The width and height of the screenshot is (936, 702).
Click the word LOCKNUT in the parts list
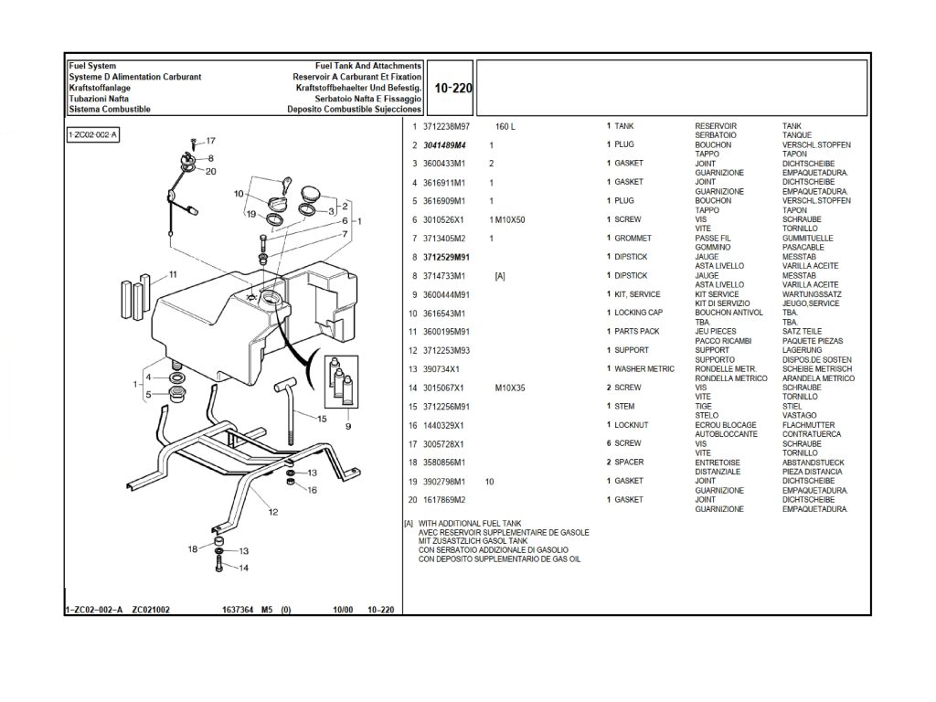point(633,425)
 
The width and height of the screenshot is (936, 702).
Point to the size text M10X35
point(510,388)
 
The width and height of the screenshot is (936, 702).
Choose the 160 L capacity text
point(505,126)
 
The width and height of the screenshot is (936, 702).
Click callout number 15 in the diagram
point(322,419)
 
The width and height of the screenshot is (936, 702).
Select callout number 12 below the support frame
point(272,513)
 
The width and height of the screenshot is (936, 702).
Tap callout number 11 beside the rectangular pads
point(172,274)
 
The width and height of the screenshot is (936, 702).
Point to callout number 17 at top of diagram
point(210,141)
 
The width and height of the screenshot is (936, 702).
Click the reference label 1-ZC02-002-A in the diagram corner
point(94,135)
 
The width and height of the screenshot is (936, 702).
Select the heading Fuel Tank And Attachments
point(367,67)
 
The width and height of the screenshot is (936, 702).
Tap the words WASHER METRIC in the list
point(643,368)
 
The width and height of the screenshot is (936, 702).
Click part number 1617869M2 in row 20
point(444,500)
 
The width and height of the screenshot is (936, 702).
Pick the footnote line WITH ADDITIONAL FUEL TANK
point(469,523)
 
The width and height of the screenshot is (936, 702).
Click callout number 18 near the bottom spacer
point(193,548)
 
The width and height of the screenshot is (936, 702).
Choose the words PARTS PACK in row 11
point(636,332)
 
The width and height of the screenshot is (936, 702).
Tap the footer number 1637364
point(237,610)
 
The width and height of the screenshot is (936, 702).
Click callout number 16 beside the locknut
point(312,490)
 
